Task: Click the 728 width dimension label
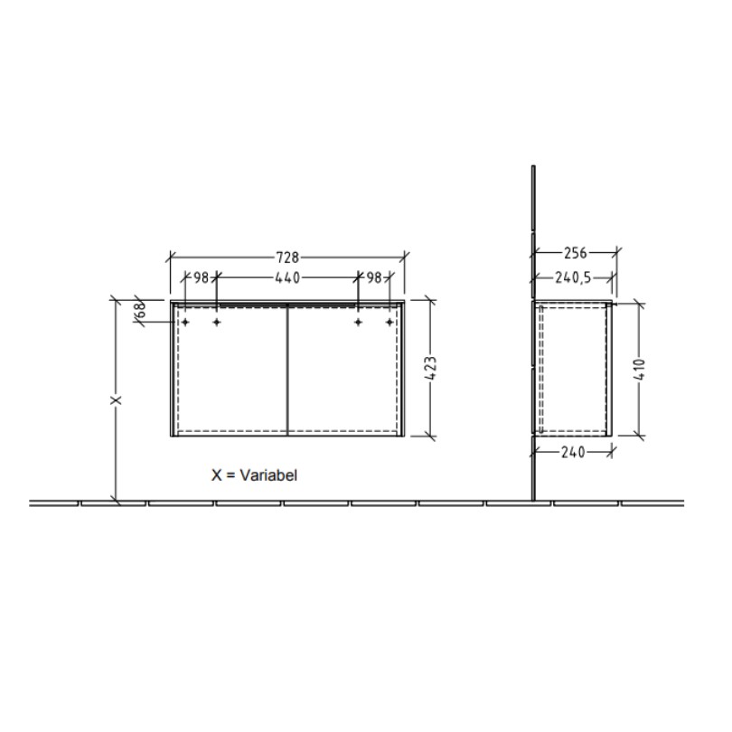point(287,257)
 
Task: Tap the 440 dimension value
point(287,277)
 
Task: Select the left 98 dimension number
point(201,277)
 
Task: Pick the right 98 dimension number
point(374,277)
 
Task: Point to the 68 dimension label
point(140,309)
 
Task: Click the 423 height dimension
point(431,369)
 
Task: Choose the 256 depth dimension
point(575,253)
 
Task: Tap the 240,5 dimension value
point(573,277)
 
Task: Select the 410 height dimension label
point(640,370)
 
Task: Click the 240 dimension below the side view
point(573,452)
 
